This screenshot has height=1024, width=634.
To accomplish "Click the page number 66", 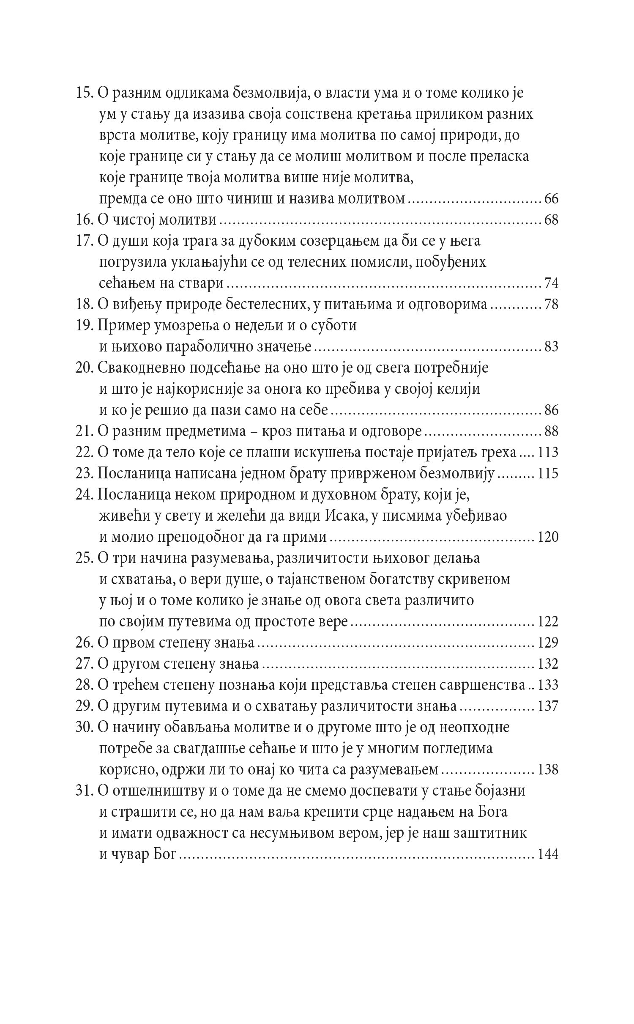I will (551, 199).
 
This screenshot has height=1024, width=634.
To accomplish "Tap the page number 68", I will (551, 220).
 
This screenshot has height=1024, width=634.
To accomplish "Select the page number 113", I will (548, 453).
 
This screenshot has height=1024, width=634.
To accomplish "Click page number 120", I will (548, 537).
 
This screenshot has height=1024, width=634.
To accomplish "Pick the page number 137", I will (548, 706).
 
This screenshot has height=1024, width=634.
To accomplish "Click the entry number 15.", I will (85, 93).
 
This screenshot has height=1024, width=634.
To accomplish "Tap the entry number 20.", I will (85, 368).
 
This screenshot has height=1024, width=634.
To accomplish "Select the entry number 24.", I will (85, 495).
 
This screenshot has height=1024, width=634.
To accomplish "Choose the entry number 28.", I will (85, 685).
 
